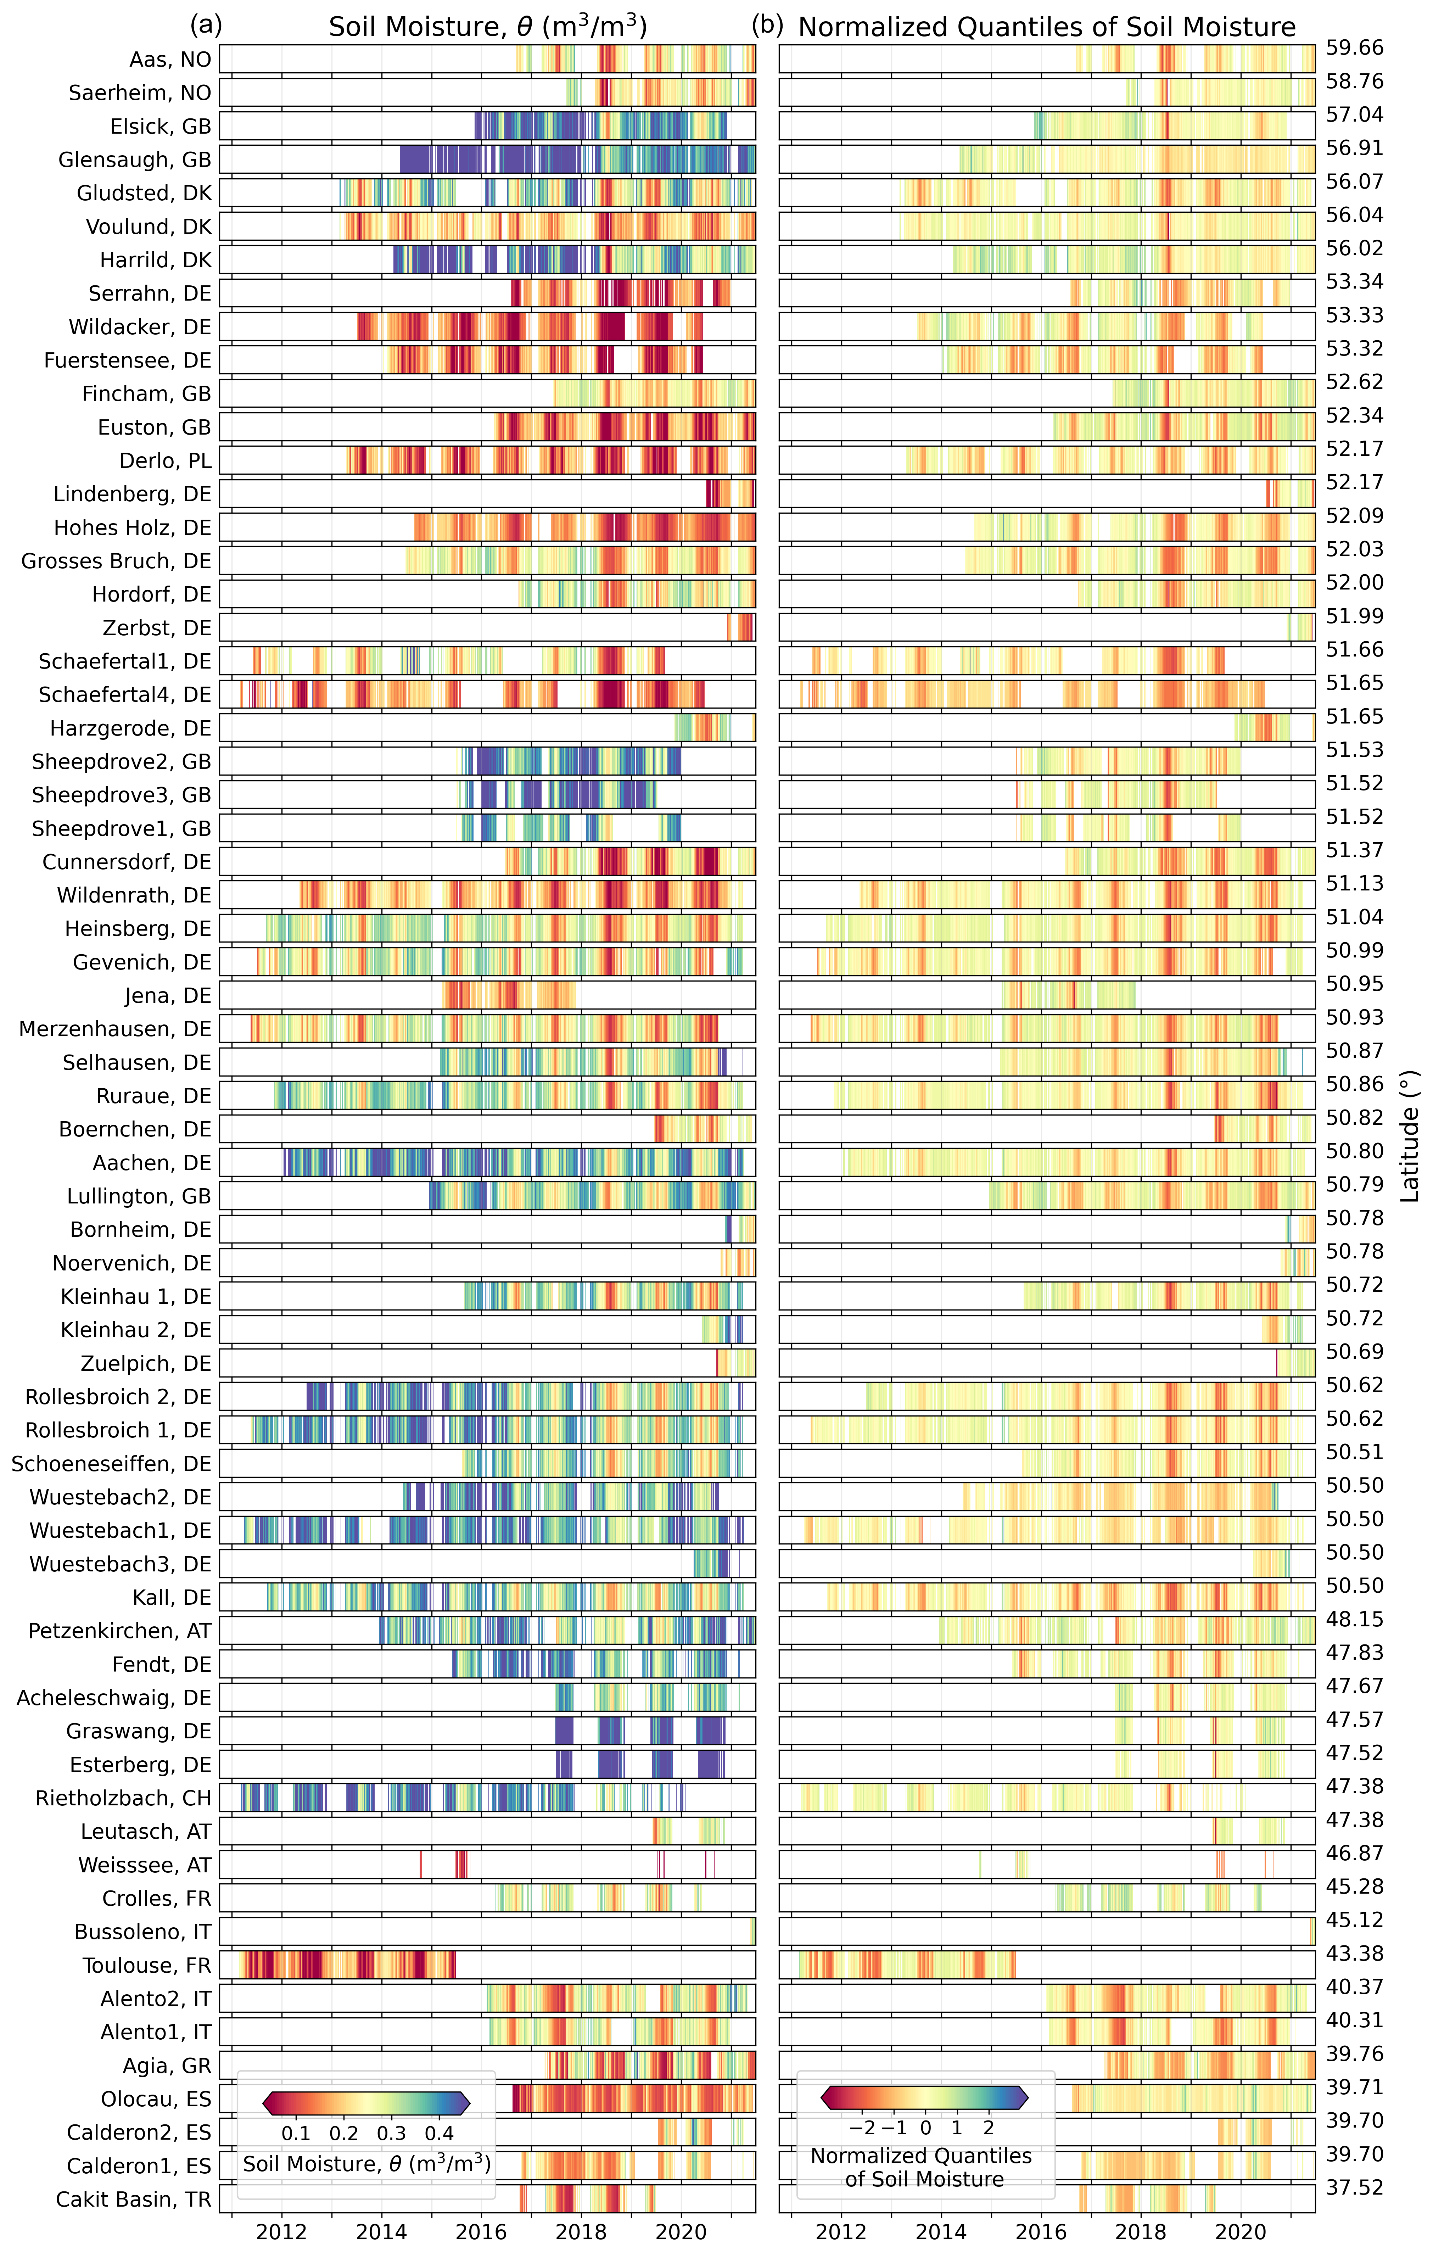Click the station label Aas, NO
(x=170, y=60)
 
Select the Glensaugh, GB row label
(x=135, y=160)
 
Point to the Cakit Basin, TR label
(x=134, y=2199)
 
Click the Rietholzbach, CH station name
(x=123, y=1798)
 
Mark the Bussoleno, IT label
(x=143, y=1931)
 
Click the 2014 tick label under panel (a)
(x=382, y=2231)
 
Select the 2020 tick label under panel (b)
(x=1241, y=2231)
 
